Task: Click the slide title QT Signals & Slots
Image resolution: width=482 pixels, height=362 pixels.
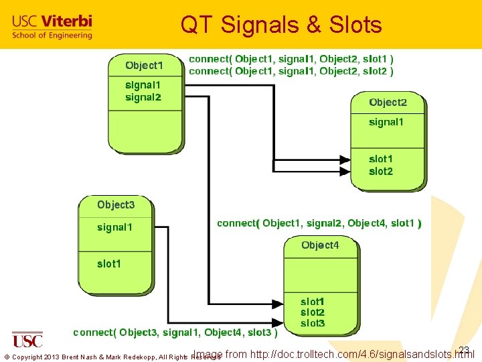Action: tap(281, 25)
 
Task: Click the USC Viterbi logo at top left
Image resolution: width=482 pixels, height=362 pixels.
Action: tap(52, 27)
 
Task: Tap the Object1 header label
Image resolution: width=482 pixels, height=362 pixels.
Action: tap(144, 65)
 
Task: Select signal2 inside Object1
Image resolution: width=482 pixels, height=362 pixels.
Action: tap(143, 97)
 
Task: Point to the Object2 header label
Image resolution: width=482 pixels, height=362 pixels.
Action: tap(388, 103)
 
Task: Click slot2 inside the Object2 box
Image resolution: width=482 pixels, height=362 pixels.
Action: tap(381, 172)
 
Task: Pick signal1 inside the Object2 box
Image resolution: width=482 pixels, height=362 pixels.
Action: tap(386, 122)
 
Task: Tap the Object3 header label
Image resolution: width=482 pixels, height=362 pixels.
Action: tap(116, 204)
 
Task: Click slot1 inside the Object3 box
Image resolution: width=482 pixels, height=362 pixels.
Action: tap(109, 263)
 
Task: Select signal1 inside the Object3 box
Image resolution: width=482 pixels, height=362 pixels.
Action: tap(114, 227)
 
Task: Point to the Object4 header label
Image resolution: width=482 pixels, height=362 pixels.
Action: tap(320, 245)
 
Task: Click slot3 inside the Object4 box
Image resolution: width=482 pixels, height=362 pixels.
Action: tap(313, 323)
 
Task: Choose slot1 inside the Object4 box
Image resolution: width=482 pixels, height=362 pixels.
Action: tap(313, 302)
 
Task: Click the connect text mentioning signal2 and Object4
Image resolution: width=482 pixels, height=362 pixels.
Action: tap(319, 223)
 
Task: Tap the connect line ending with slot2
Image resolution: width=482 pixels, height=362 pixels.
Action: tap(291, 70)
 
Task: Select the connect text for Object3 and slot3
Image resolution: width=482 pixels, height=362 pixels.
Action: tap(175, 333)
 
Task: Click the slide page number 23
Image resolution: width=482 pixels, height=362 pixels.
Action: tap(464, 349)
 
